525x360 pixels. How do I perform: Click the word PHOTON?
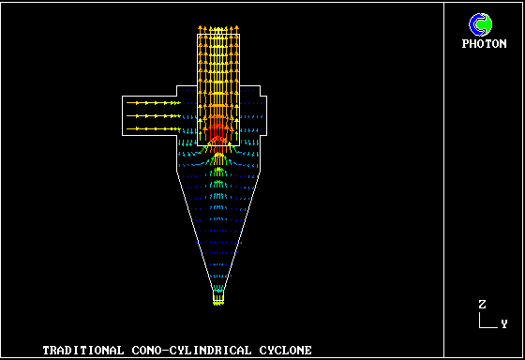pos(484,43)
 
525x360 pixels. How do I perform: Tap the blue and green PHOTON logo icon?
pos(480,24)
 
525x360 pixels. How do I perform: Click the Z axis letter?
pos(482,305)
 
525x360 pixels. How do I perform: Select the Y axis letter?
pos(504,323)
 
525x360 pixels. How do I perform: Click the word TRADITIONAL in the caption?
pos(83,351)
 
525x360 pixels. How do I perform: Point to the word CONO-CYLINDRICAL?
pos(191,351)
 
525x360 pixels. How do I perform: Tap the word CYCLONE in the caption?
pos(286,351)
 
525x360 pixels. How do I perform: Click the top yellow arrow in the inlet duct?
pos(154,103)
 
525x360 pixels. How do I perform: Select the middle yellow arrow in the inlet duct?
pos(154,116)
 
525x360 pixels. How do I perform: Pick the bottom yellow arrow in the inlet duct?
pos(154,128)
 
